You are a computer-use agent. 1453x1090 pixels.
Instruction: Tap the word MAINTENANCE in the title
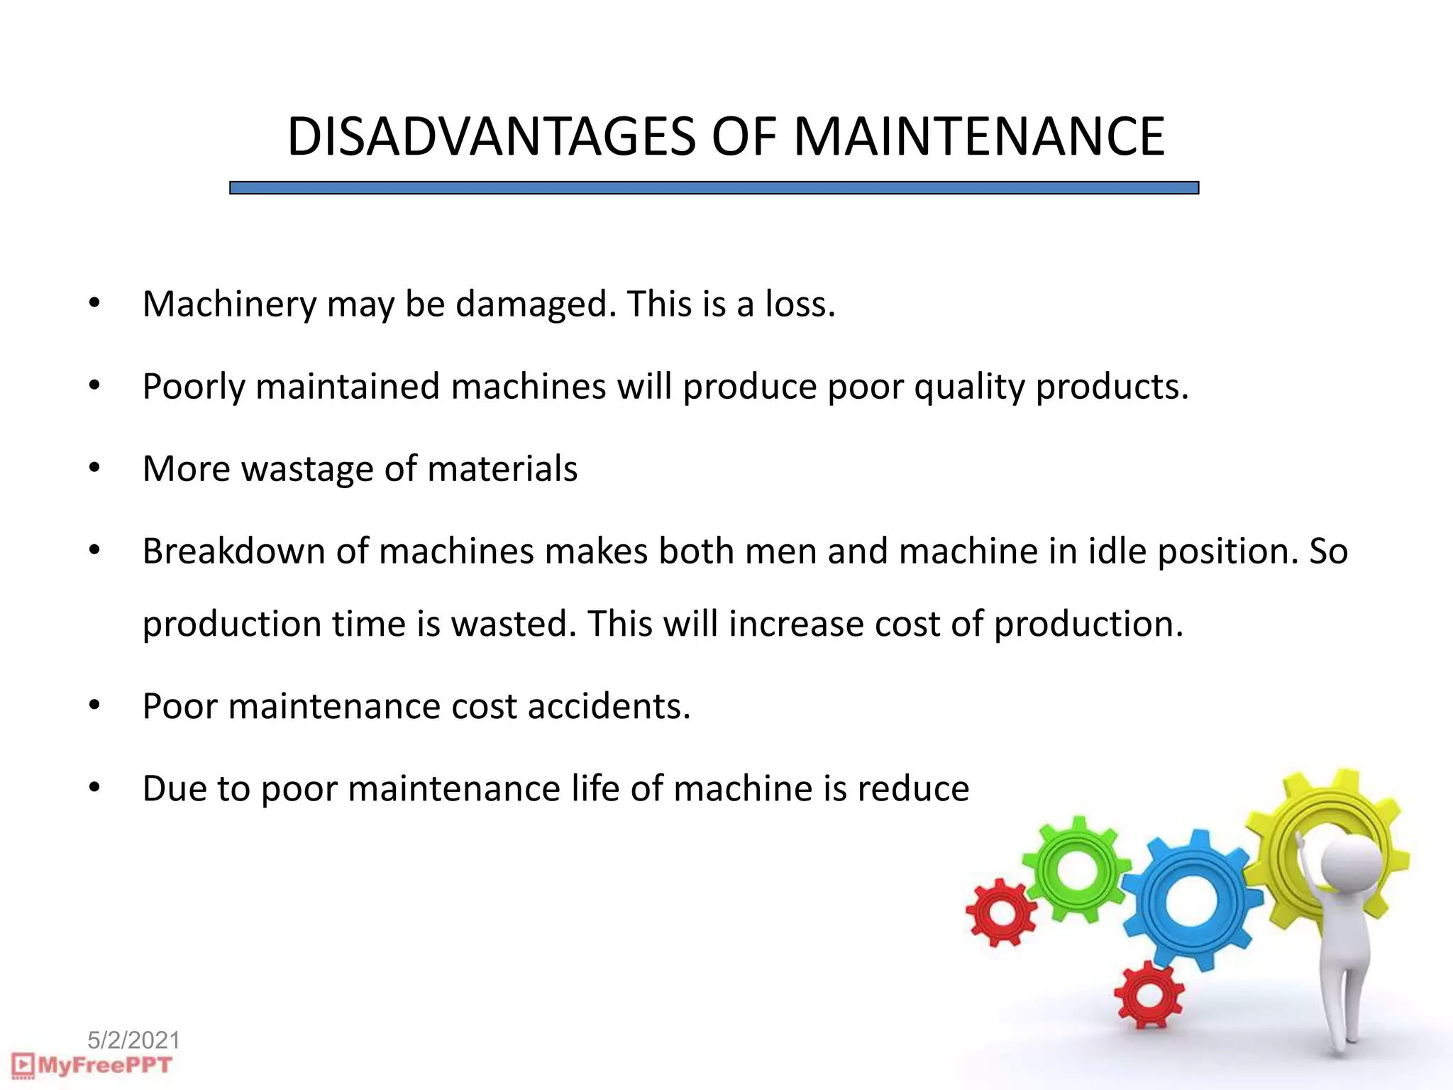pos(979,136)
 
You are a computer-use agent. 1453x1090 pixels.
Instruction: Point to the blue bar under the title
pos(714,188)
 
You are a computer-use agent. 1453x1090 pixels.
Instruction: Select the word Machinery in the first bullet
pos(229,304)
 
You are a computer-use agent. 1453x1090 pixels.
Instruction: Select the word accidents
pos(609,707)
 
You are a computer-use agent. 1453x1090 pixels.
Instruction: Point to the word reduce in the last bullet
pos(913,789)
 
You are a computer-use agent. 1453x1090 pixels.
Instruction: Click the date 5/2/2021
pos(133,1040)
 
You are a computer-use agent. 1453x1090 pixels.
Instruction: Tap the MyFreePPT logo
pos(92,1065)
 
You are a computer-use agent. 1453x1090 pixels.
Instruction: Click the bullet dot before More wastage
pos(95,468)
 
